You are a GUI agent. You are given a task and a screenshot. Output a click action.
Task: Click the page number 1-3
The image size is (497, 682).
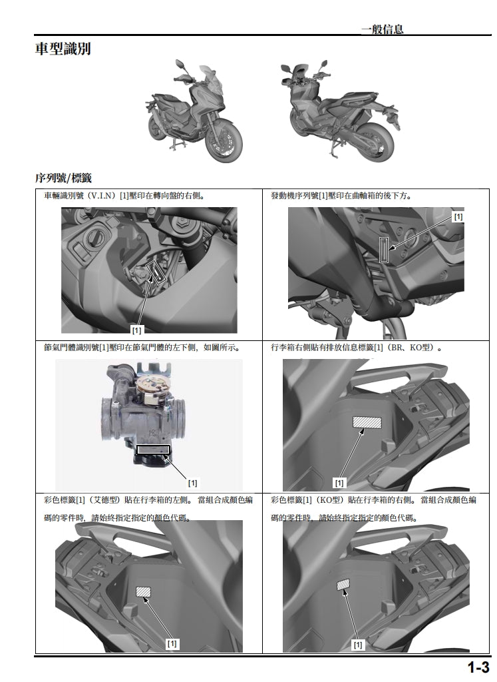(477, 667)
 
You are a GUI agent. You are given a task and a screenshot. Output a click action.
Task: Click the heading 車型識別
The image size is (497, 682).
(63, 49)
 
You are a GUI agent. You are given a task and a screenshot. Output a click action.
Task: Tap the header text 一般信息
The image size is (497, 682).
(382, 29)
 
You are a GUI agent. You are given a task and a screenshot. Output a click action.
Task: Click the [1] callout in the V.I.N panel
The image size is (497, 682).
(136, 329)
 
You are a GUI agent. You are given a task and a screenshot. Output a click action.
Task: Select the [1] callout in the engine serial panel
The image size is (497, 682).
(458, 217)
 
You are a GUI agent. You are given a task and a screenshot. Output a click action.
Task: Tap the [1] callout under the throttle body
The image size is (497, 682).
(192, 482)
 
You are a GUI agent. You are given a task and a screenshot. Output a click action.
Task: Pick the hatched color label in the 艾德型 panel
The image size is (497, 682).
(144, 591)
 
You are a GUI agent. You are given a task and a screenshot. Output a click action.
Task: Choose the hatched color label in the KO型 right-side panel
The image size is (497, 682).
(344, 585)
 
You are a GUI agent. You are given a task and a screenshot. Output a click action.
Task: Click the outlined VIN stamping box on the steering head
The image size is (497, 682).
(156, 272)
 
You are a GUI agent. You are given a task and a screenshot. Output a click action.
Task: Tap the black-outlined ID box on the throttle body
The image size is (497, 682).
(154, 450)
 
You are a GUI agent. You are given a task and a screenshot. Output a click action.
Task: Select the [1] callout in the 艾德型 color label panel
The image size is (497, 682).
(172, 643)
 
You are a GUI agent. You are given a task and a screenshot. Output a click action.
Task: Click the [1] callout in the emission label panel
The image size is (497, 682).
(339, 482)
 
